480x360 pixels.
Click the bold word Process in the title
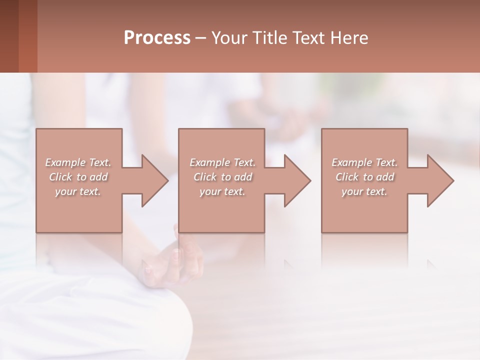157,37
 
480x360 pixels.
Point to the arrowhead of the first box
153,180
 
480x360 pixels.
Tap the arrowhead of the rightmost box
439,180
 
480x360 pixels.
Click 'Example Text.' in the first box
78,162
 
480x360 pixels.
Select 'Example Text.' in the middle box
222,162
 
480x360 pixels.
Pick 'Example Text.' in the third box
364,162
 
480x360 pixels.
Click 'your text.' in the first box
78,191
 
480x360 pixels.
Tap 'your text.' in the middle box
222,191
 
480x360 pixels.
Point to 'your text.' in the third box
364,191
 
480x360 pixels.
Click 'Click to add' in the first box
78,177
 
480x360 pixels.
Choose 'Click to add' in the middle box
222,177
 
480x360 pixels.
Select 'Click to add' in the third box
364,177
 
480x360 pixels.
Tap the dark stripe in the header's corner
9,36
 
